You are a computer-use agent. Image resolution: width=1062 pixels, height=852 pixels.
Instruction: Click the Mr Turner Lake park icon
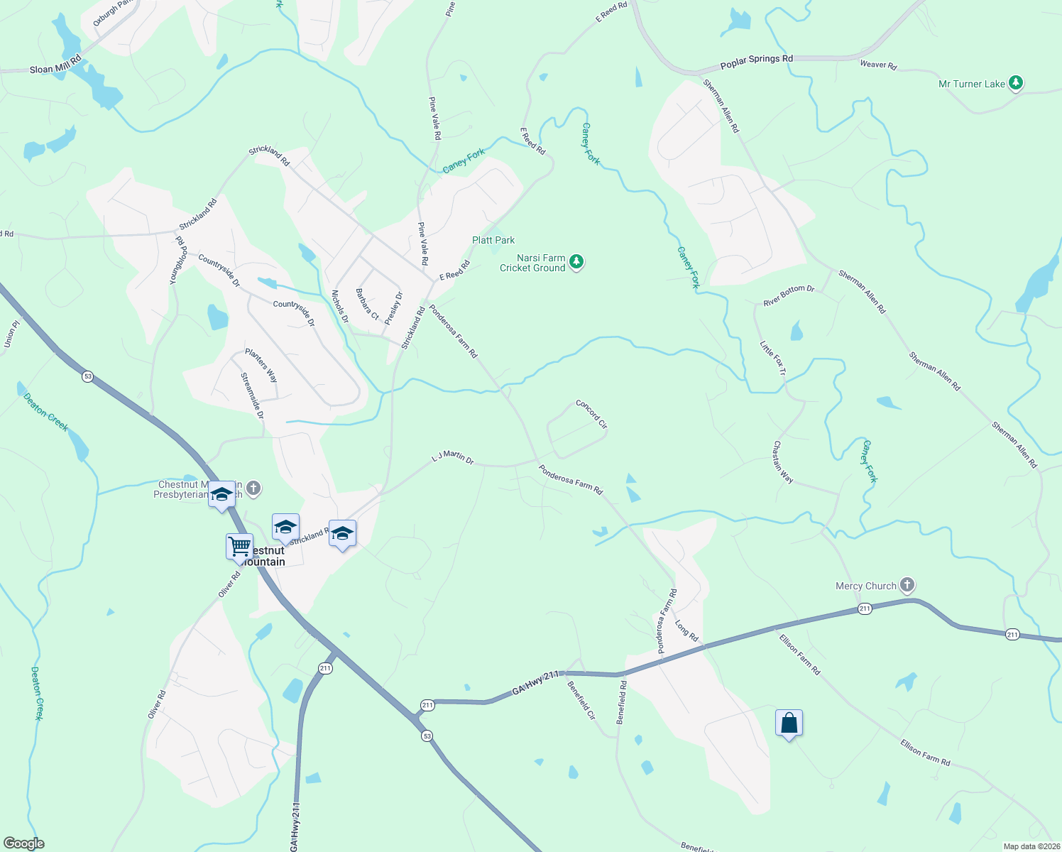[1016, 84]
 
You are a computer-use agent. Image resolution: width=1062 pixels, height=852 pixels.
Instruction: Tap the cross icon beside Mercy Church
[907, 585]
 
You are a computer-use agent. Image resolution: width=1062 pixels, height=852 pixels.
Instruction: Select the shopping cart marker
[239, 547]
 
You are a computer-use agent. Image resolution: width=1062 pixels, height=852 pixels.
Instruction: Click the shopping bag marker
[789, 723]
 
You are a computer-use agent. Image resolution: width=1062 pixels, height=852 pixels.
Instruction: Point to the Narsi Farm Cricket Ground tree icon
[577, 263]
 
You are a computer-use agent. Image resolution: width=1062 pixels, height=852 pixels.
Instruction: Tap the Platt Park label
[493, 240]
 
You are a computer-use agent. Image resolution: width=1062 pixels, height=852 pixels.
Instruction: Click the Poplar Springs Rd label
[756, 62]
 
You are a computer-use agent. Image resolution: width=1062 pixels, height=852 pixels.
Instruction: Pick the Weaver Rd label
[878, 65]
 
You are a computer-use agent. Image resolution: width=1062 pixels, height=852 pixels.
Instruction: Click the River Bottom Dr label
[789, 295]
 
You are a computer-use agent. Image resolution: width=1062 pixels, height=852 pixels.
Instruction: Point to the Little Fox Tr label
[773, 359]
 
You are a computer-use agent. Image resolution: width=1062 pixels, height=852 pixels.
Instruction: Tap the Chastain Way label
[783, 462]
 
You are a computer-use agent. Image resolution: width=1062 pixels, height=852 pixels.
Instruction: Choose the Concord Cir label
[591, 414]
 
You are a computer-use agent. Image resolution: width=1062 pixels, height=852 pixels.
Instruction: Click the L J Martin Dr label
[453, 457]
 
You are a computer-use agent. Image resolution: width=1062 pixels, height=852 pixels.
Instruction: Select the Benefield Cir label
[581, 700]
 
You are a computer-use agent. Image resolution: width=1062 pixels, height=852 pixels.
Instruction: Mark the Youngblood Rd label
[178, 261]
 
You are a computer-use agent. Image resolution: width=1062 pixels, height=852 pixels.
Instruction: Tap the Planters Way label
[261, 365]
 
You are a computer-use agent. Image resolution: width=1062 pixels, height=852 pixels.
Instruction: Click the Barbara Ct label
[367, 304]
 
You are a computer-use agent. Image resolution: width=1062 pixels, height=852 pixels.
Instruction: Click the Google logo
[23, 843]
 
